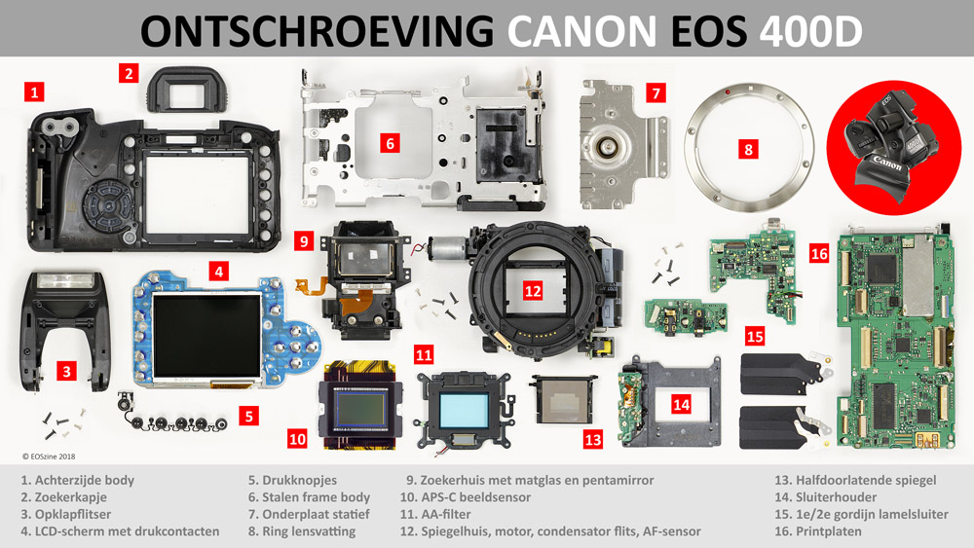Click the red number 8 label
[748, 149]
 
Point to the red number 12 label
[533, 290]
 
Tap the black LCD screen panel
[207, 336]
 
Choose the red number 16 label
[819, 253]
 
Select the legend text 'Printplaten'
[829, 531]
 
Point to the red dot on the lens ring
[728, 91]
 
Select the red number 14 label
[681, 405]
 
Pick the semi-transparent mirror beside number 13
[563, 399]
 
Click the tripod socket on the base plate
[605, 147]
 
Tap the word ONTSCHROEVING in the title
[318, 31]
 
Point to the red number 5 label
[249, 416]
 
